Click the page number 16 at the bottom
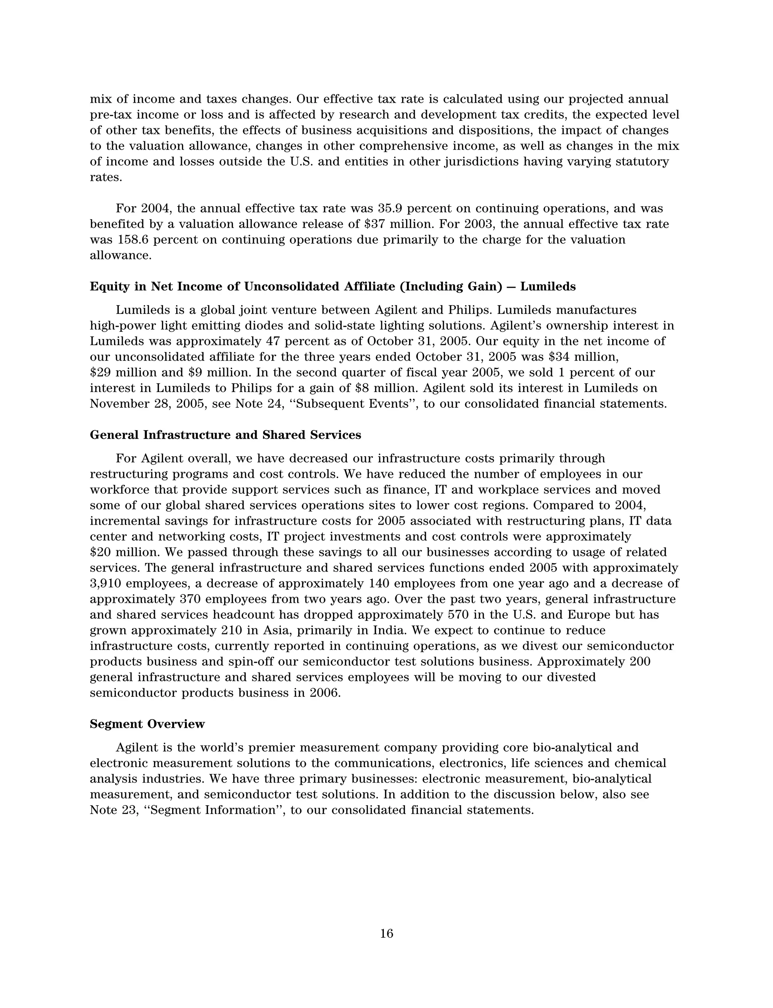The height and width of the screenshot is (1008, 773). point(386,934)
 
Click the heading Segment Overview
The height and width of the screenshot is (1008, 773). point(147,724)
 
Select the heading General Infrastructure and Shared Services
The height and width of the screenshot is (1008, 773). point(225,435)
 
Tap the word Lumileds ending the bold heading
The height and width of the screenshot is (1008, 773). point(548,287)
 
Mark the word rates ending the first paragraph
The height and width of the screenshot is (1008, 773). point(105,178)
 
